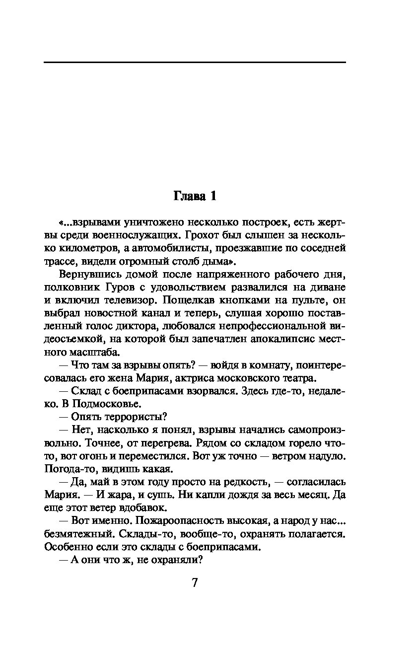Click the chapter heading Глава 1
pyautogui.click(x=195, y=196)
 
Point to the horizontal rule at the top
pyautogui.click(x=195, y=63)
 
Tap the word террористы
pyautogui.click(x=131, y=416)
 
